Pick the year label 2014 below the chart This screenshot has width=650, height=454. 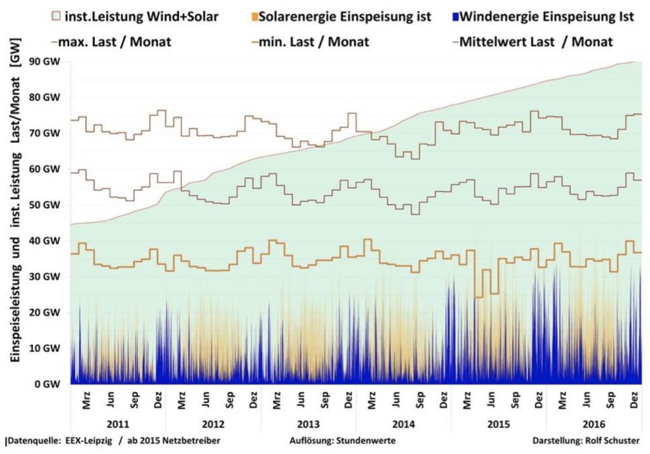pos(403,424)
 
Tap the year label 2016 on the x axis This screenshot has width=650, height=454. pos(594,424)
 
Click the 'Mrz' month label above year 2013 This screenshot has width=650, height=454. pos(277,402)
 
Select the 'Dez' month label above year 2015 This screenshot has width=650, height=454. pos(539,402)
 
